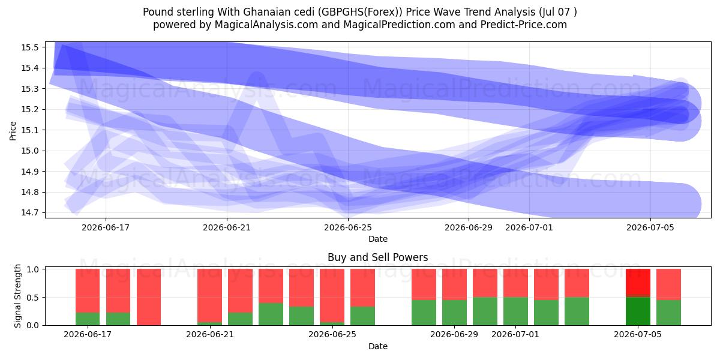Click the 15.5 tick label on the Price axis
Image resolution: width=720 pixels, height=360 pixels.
[x=29, y=47]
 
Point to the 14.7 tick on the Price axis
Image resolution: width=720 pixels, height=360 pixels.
[x=29, y=213]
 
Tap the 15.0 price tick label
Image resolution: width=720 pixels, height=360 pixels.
[x=29, y=151]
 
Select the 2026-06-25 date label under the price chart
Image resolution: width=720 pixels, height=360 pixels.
[x=348, y=227]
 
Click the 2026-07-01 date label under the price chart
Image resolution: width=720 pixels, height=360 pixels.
[x=529, y=227]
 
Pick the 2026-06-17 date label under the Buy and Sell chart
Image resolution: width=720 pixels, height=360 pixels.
[x=88, y=334]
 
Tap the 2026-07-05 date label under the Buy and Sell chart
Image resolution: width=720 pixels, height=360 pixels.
[x=638, y=334]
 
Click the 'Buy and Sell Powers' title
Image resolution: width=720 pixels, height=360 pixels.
[x=377, y=257]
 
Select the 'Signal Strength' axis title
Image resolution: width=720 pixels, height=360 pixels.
[x=17, y=296]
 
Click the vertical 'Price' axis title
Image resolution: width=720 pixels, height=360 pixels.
[x=13, y=131]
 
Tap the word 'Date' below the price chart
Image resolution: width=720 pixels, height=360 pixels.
[x=377, y=239]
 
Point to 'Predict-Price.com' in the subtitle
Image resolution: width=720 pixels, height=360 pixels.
[x=524, y=25]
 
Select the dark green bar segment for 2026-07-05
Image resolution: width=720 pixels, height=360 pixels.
[x=638, y=311]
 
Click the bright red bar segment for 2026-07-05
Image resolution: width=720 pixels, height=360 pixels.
[x=638, y=282]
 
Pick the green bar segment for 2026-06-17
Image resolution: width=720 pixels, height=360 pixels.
[x=88, y=319]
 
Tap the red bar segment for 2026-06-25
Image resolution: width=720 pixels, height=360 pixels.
[x=332, y=295]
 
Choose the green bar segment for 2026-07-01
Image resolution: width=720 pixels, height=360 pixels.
[x=515, y=311]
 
